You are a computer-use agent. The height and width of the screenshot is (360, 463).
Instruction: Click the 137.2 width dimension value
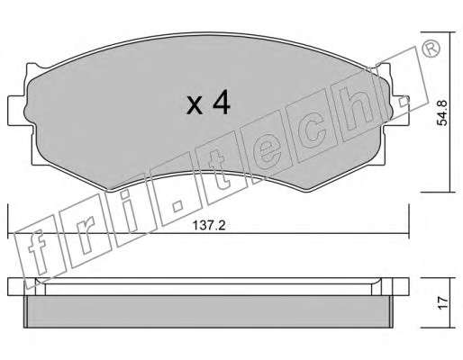coord(209,225)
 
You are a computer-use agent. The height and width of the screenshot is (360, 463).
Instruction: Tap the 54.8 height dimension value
coord(442,112)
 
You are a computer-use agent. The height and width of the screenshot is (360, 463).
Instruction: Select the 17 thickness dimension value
coord(442,303)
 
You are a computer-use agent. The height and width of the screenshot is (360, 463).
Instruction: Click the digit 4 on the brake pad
coord(222,103)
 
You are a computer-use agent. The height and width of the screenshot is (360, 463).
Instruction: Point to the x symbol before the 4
coord(195,105)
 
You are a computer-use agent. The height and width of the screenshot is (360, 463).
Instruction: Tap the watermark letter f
coord(39,252)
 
